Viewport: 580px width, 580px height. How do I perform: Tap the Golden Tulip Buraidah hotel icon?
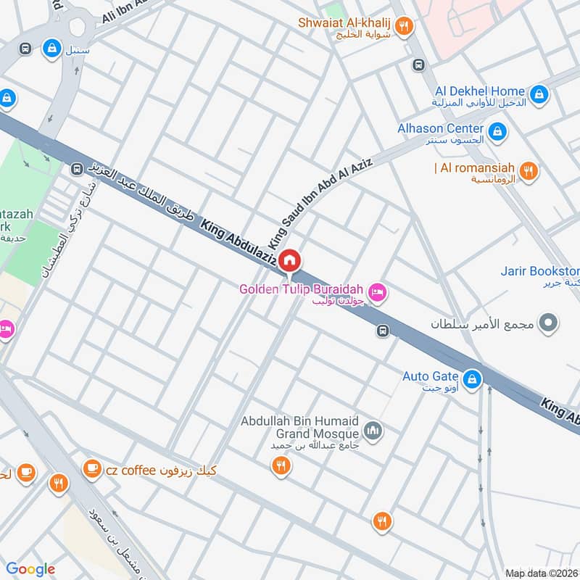click(x=377, y=293)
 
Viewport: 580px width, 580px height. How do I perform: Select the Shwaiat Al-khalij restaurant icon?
click(x=405, y=27)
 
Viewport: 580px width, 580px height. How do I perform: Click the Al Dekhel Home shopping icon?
click(x=539, y=94)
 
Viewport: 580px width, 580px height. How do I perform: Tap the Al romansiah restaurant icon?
click(x=529, y=171)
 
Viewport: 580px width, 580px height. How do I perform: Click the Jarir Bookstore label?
click(x=539, y=272)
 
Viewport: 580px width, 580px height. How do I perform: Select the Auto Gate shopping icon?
click(x=472, y=378)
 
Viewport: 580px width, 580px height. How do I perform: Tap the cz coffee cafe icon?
click(x=92, y=469)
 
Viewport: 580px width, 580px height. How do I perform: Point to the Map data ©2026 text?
click(x=540, y=573)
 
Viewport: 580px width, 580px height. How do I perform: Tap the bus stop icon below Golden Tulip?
click(x=383, y=331)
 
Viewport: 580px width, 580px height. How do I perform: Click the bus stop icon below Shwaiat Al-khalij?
click(x=418, y=65)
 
